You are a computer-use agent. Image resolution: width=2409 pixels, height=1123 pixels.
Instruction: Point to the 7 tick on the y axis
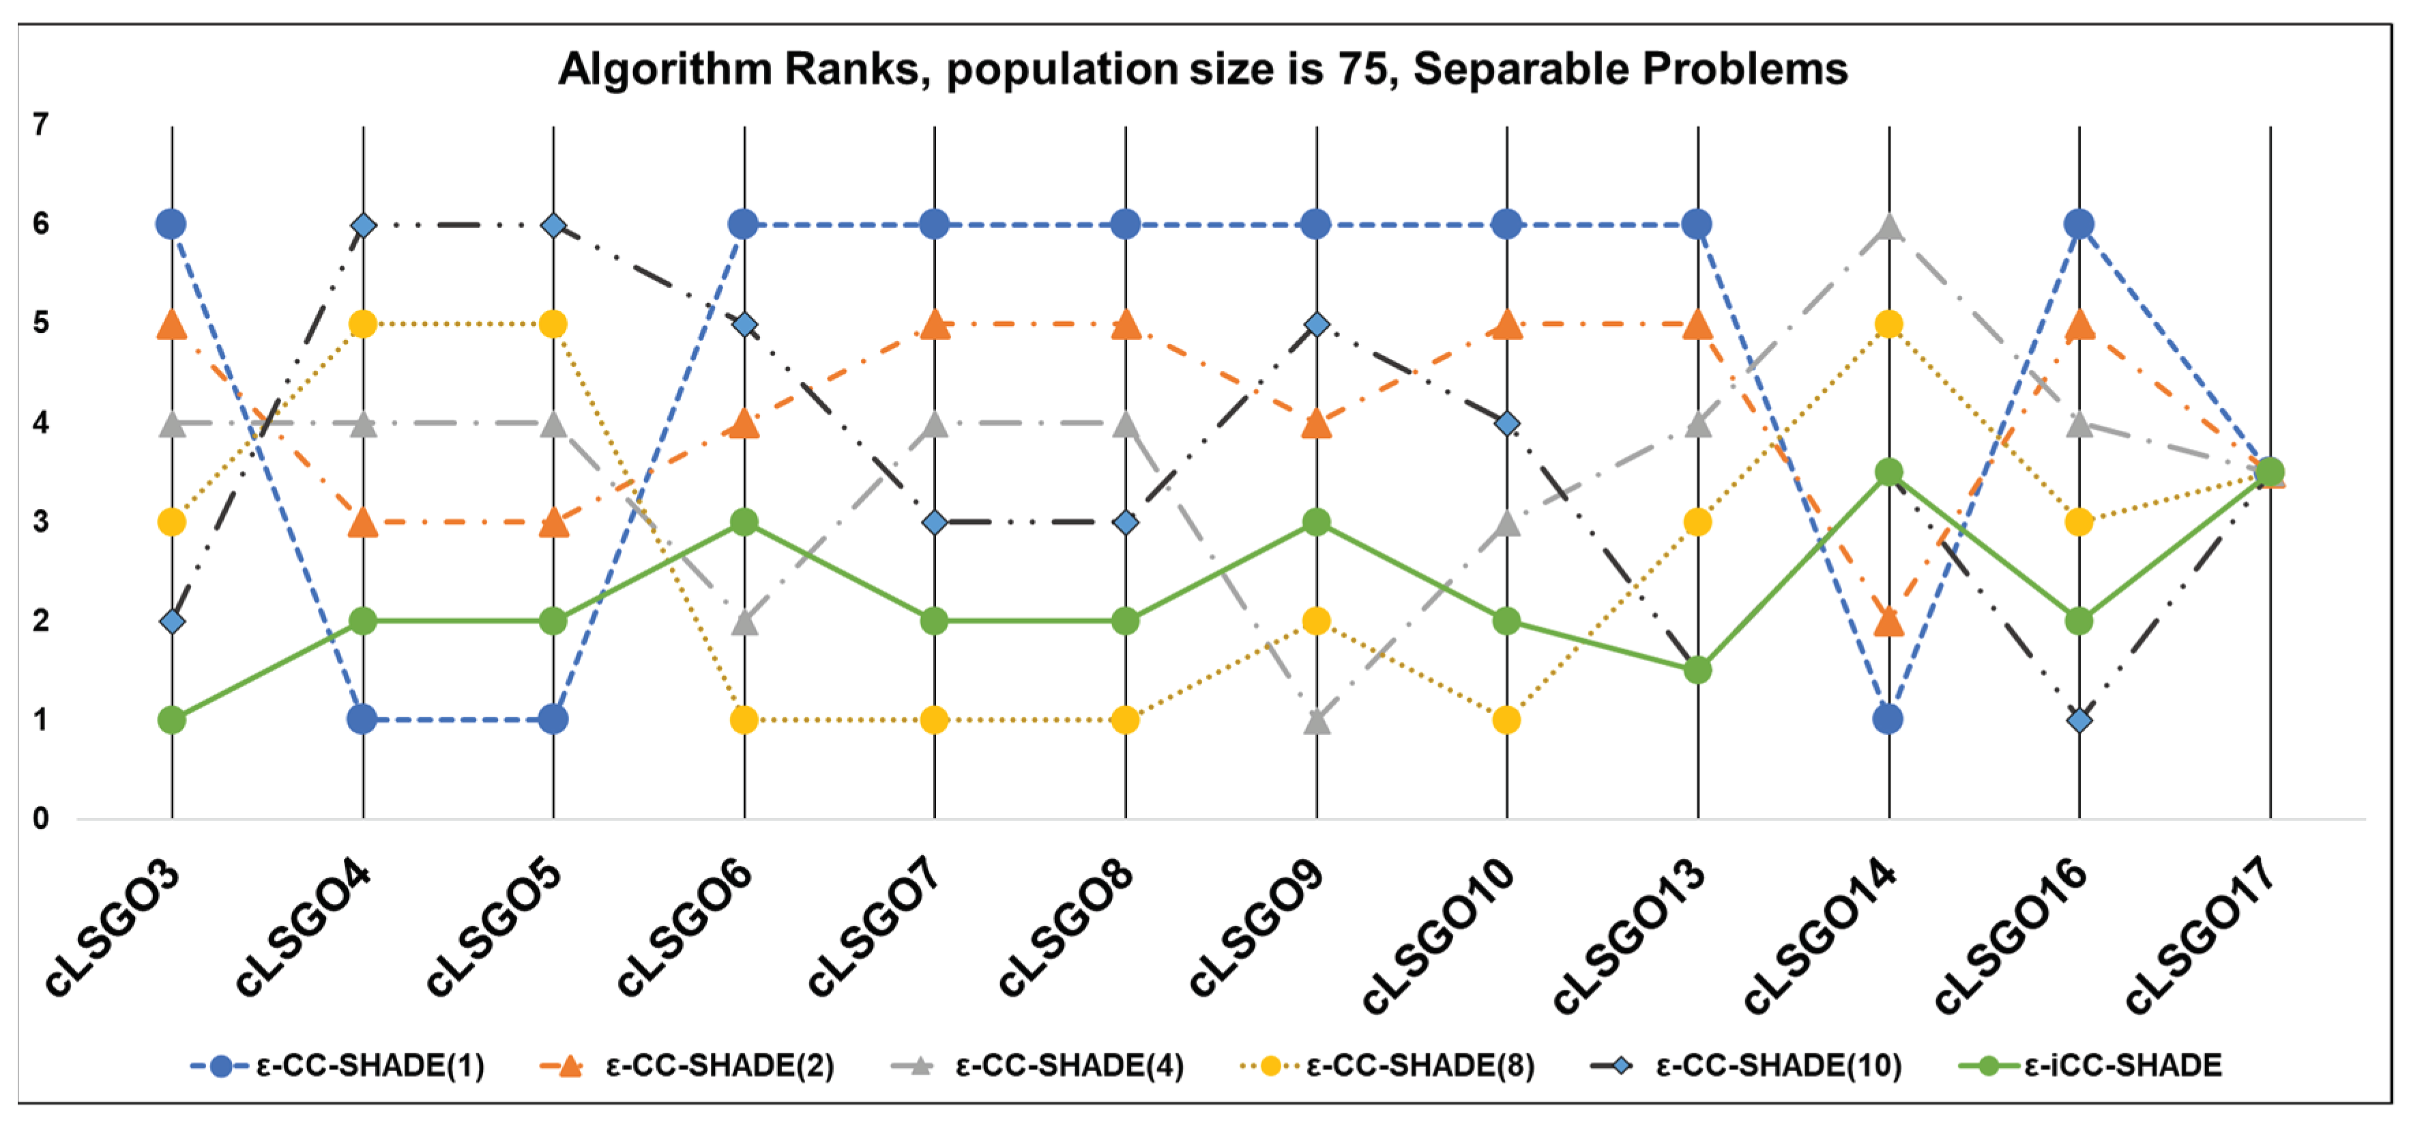(x=40, y=124)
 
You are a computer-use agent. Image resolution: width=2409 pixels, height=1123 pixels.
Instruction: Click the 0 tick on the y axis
(x=40, y=819)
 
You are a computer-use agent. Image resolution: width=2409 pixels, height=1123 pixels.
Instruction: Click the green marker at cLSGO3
(x=172, y=720)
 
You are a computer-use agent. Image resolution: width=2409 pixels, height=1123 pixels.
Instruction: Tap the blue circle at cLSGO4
(x=363, y=720)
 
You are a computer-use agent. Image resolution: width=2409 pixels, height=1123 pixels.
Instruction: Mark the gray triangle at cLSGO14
(x=1889, y=227)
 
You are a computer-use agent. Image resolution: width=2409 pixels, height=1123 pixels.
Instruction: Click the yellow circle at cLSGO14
(x=1889, y=325)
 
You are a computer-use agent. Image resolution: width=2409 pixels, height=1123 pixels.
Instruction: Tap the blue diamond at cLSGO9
(x=1317, y=325)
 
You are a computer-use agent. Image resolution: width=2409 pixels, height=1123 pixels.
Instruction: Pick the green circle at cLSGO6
(x=744, y=522)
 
